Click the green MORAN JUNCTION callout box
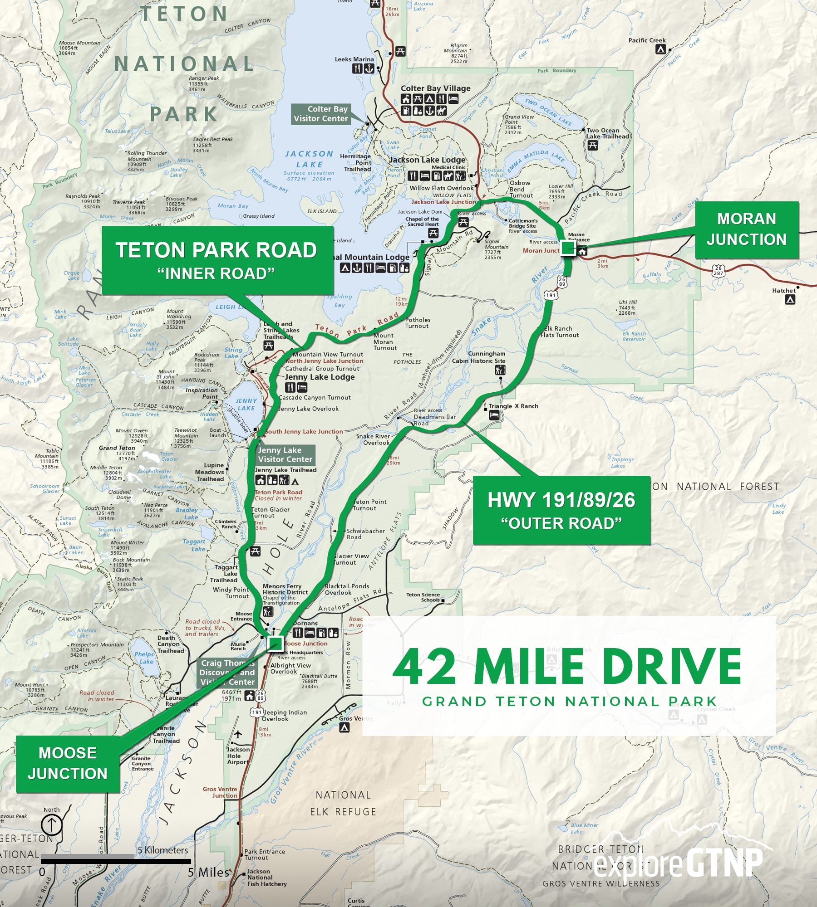pos(746,230)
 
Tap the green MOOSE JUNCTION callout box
pos(68,764)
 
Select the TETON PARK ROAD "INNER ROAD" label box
pos(217,260)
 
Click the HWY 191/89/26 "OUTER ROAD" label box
pos(561,510)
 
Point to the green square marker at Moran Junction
pos(567,248)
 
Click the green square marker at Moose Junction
pos(275,644)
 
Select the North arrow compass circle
pos(52,824)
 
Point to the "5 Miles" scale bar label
pos(208,872)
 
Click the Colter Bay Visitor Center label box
pos(320,114)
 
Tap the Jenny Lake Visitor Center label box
pos(285,454)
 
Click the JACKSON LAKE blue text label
pos(309,159)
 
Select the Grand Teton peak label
pos(117,448)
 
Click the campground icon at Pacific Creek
pos(662,49)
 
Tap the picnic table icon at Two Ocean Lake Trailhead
pos(592,146)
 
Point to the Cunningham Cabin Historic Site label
pos(479,357)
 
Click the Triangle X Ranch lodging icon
pos(494,415)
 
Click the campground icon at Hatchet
pos(790,299)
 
